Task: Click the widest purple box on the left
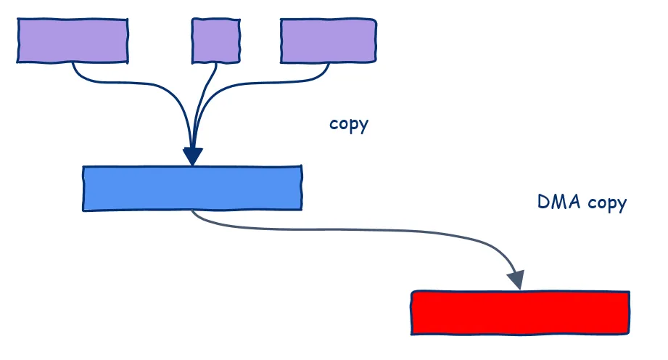click(73, 41)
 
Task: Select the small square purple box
click(215, 41)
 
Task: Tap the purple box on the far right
click(328, 41)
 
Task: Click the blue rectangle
click(191, 189)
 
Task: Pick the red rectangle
click(520, 313)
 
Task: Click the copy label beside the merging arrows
click(349, 124)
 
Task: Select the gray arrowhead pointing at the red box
click(516, 279)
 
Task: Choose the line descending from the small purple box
click(207, 94)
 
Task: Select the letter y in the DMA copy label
click(621, 205)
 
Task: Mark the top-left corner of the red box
click(413, 292)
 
